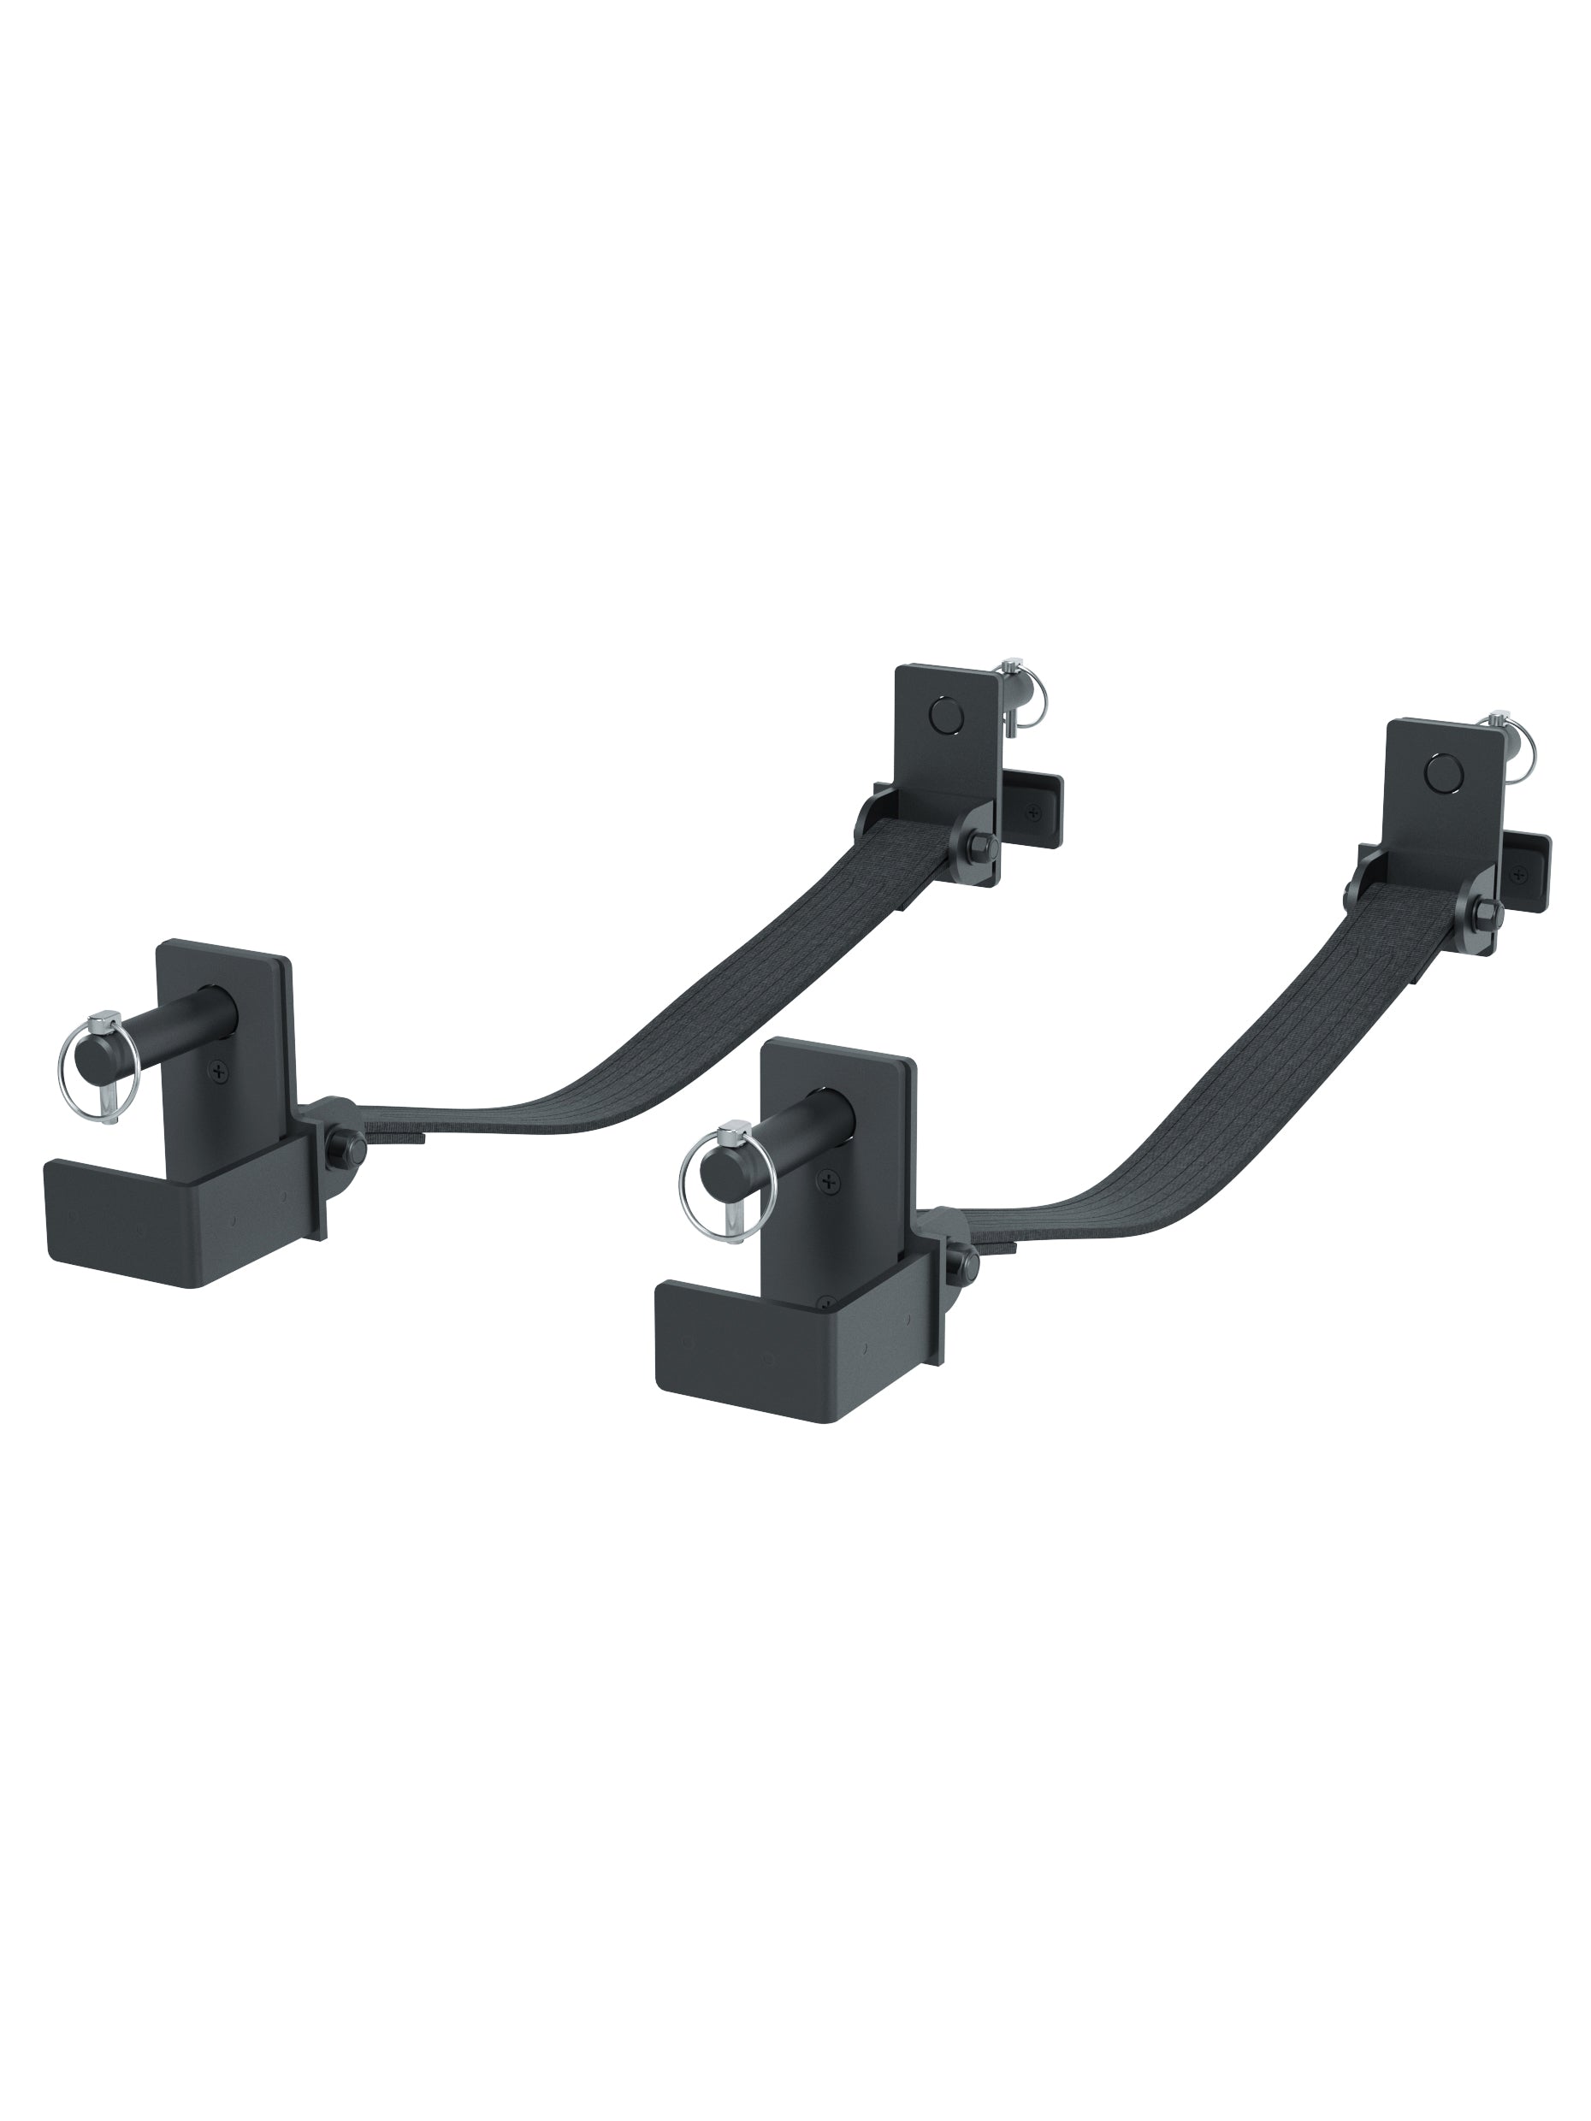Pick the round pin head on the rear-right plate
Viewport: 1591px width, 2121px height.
pyautogui.click(x=1440, y=770)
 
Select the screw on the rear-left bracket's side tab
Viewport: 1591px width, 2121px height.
pyautogui.click(x=1032, y=813)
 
